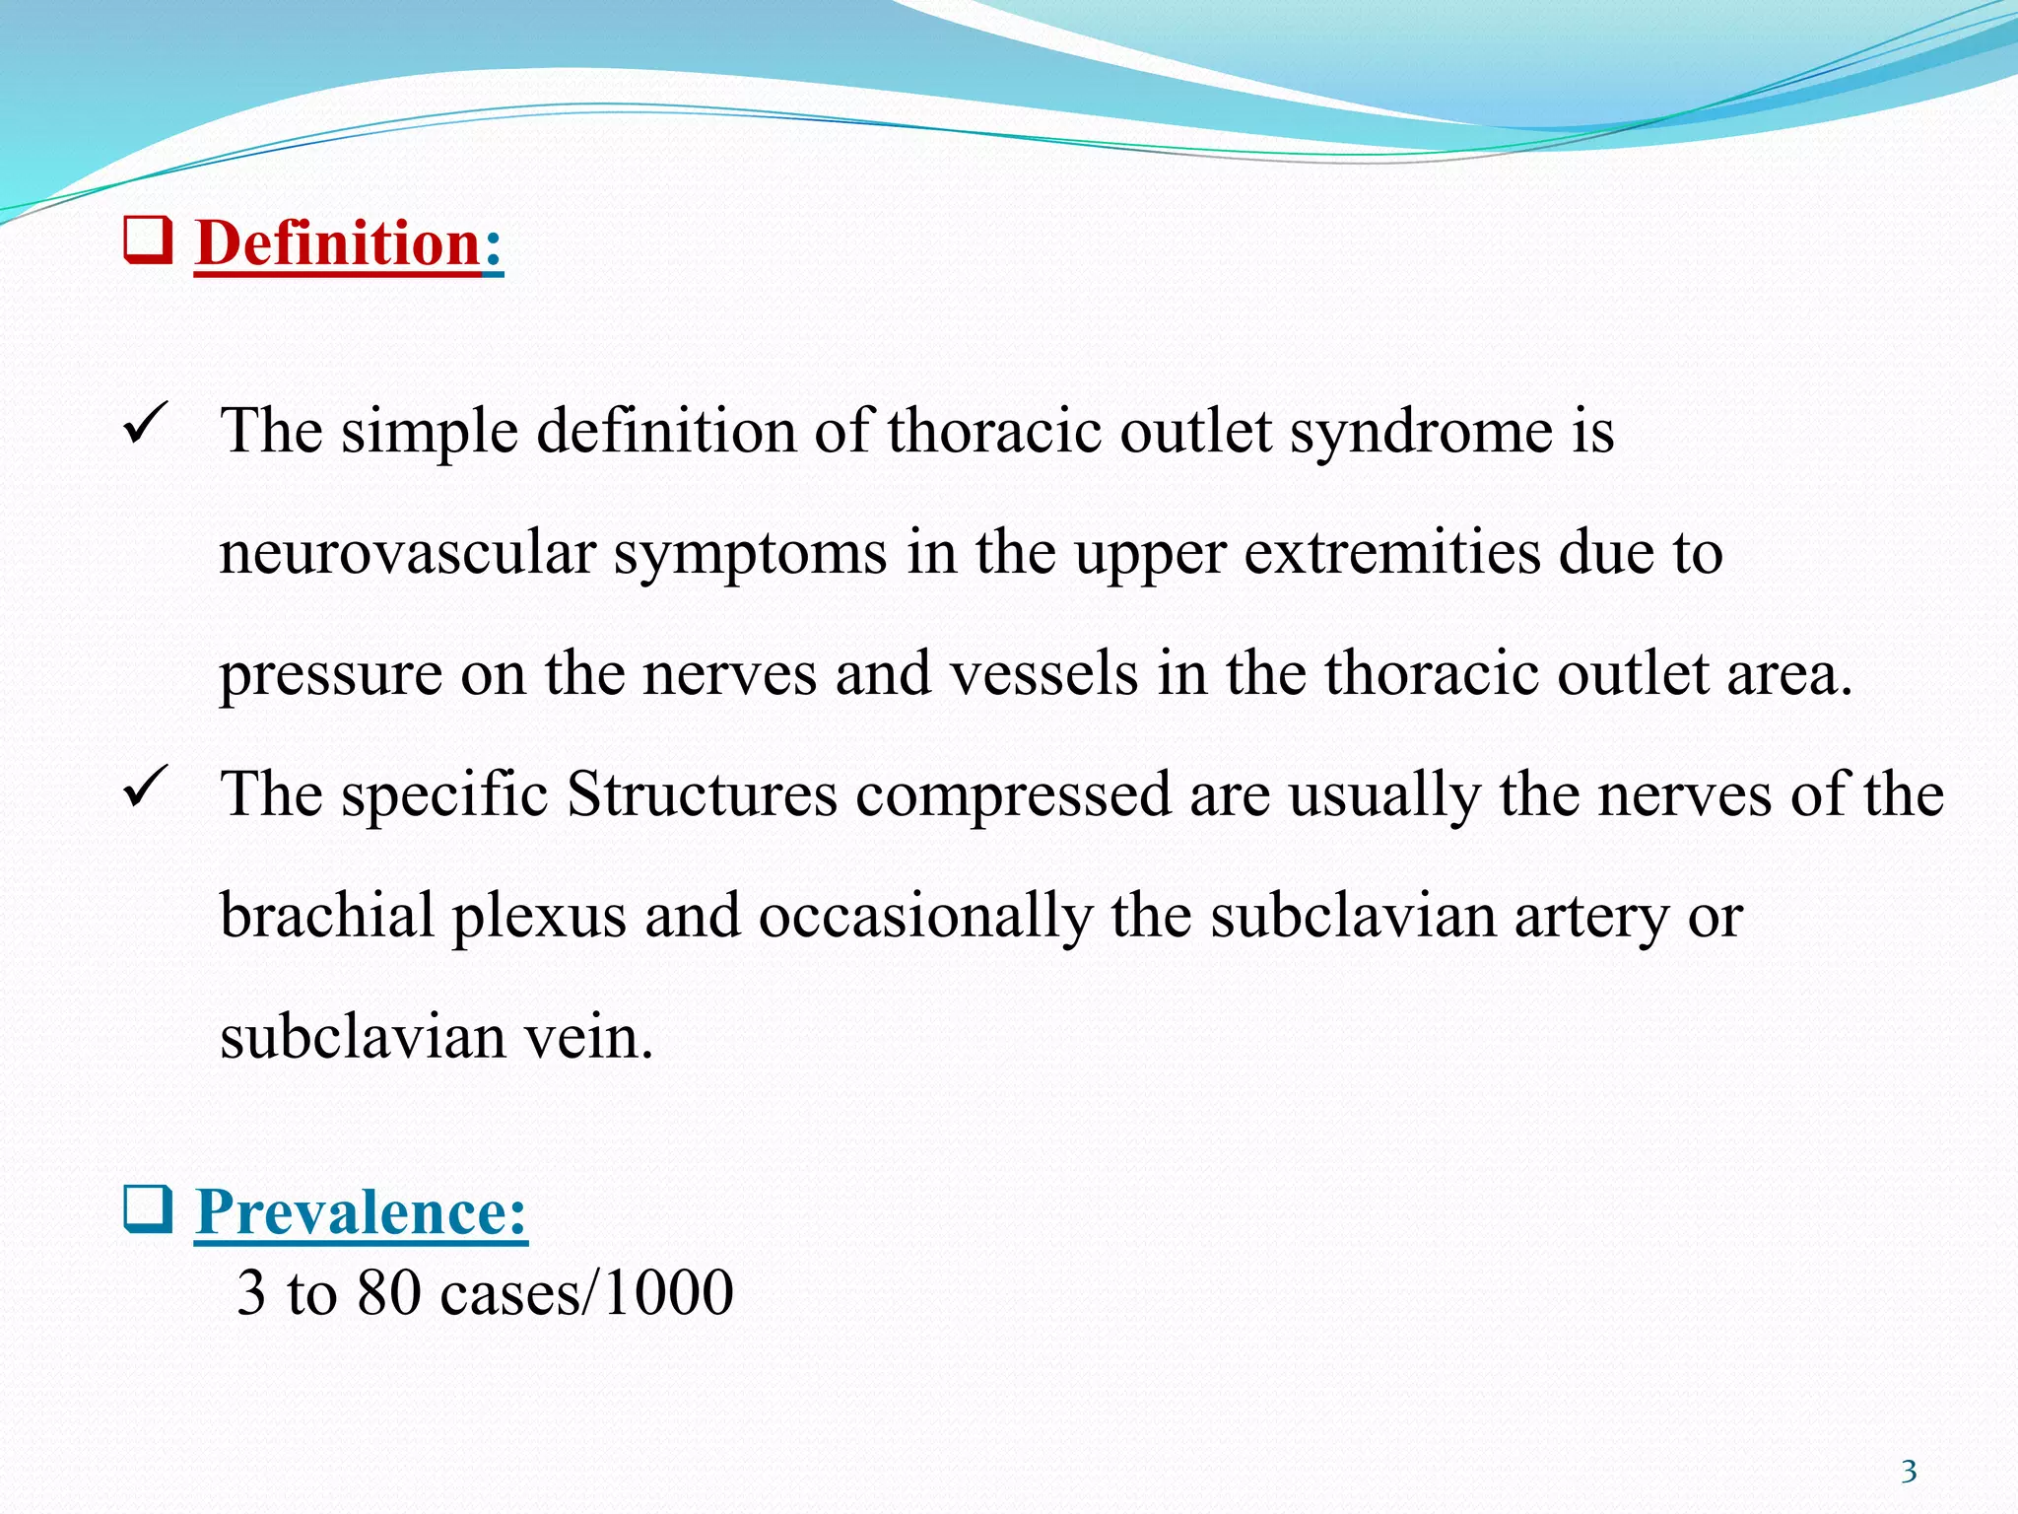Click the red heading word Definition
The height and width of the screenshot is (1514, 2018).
pyautogui.click(x=338, y=242)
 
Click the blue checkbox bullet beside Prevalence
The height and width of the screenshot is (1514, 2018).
pyautogui.click(x=148, y=1209)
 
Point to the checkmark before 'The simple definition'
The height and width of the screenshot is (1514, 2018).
pyautogui.click(x=146, y=426)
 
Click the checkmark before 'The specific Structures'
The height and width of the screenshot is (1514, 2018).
pyautogui.click(x=146, y=789)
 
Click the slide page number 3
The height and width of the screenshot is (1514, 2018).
pyautogui.click(x=1909, y=1472)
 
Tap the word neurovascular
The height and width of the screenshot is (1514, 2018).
pyautogui.click(x=407, y=553)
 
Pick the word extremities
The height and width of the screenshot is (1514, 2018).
pyautogui.click(x=1392, y=553)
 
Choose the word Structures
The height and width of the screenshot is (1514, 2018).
pyautogui.click(x=702, y=794)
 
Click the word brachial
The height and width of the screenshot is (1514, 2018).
pyautogui.click(x=326, y=916)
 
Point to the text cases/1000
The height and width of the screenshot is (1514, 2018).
pyautogui.click(x=586, y=1292)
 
